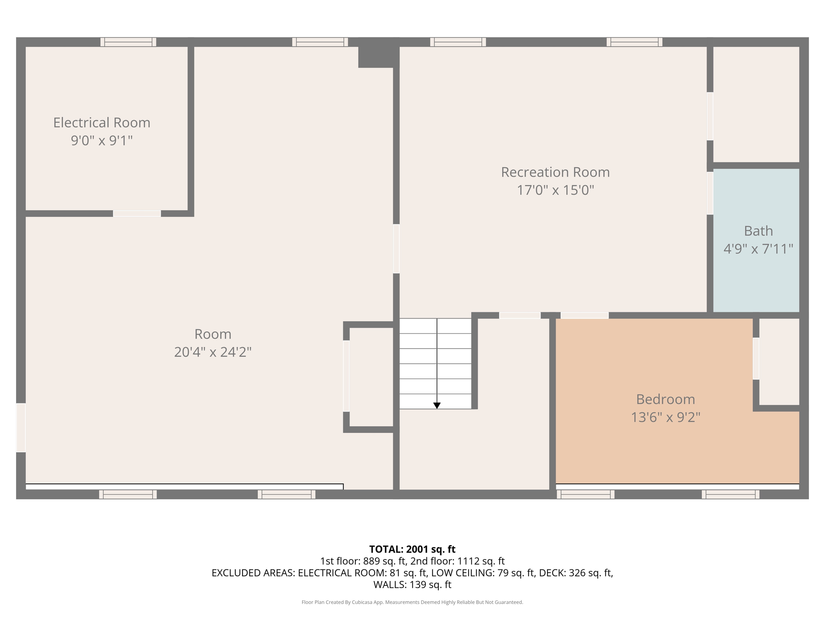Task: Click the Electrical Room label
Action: (x=102, y=123)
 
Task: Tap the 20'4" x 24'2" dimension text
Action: (x=213, y=352)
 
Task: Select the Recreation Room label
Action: (x=555, y=172)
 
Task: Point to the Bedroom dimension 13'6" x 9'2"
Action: (x=665, y=417)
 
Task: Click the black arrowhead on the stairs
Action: (x=437, y=405)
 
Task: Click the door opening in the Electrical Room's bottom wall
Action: (x=137, y=214)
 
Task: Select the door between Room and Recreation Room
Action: (x=396, y=249)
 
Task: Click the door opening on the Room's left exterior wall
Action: (x=21, y=428)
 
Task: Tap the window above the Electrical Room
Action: (x=128, y=42)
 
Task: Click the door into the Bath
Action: (x=710, y=193)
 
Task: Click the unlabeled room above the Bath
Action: (x=756, y=104)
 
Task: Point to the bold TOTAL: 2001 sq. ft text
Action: (x=412, y=549)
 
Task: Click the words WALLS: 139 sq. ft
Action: (x=412, y=585)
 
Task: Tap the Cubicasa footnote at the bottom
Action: (x=412, y=602)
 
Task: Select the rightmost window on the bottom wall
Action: (x=730, y=494)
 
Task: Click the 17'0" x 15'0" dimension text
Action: (x=555, y=190)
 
